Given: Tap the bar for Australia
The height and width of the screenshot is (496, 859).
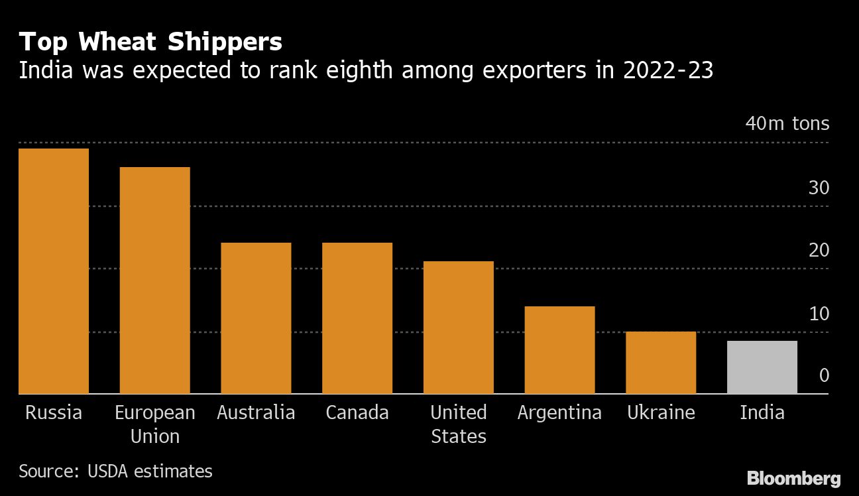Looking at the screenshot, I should [x=256, y=318].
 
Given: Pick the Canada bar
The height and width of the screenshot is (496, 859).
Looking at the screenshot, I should [x=357, y=318].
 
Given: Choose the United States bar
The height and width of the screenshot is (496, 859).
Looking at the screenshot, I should [x=459, y=327].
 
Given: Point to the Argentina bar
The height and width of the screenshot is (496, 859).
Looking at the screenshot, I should [x=559, y=349].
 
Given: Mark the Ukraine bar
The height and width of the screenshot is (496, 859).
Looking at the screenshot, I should [x=661, y=362].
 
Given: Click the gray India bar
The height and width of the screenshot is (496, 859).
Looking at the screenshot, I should [x=762, y=367].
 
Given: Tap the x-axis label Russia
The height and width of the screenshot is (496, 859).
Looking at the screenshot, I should [x=54, y=412].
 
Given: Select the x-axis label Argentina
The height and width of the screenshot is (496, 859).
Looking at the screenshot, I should [x=559, y=412].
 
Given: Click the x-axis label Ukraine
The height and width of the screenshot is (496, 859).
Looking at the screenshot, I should [x=661, y=412].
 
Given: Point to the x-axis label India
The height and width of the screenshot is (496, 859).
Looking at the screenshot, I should [x=762, y=412].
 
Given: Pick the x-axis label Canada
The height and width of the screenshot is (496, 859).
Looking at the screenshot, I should [x=357, y=412].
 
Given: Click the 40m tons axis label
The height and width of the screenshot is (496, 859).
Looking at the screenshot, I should [x=787, y=123].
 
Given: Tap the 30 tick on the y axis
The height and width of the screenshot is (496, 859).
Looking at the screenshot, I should [x=819, y=188].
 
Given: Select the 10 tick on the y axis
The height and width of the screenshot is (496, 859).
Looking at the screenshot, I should [x=819, y=313].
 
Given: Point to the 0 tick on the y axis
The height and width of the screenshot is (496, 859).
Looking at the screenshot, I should [x=824, y=375].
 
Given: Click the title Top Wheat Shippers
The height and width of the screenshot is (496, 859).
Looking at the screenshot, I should [x=150, y=42].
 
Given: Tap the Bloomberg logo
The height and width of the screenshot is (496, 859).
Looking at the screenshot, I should [x=793, y=478].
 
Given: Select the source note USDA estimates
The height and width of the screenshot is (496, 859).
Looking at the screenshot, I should [x=115, y=471].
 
